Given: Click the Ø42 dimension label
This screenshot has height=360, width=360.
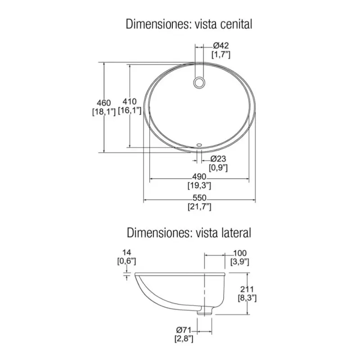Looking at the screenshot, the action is click(x=220, y=45).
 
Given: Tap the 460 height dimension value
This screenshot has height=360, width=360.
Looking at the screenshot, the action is click(x=104, y=103).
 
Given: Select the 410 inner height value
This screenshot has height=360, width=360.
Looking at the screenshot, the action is click(x=130, y=102).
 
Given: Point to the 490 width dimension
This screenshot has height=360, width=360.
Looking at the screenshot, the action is click(x=199, y=176).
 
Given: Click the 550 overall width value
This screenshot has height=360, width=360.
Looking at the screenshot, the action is click(x=199, y=198).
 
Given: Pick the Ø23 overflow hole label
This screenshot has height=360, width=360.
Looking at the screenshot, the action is click(x=218, y=159).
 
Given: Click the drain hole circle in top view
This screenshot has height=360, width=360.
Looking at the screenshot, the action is click(x=199, y=83).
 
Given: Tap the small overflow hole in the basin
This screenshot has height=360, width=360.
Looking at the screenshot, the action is click(x=199, y=145).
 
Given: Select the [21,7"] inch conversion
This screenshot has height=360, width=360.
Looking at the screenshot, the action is click(x=199, y=207).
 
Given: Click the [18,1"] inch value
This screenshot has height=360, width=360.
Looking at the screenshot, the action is click(x=104, y=112).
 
